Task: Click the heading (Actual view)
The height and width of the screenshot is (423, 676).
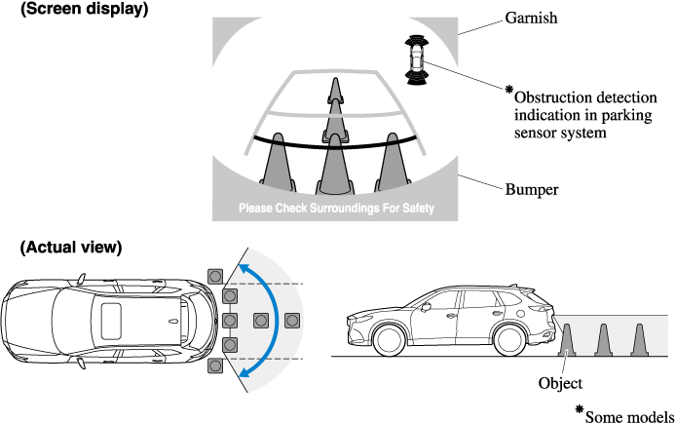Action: click(x=71, y=247)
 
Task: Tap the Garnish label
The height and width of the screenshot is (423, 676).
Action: click(x=532, y=18)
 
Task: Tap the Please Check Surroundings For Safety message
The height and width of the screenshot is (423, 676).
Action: click(x=337, y=209)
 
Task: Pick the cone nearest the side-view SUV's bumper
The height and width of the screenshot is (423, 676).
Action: click(x=568, y=339)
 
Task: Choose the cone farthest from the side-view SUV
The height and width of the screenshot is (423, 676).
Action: click(x=640, y=339)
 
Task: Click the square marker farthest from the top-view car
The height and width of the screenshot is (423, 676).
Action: click(x=291, y=320)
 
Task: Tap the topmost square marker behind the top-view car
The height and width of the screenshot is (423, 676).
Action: click(x=214, y=274)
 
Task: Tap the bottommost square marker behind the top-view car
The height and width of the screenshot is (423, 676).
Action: click(x=214, y=365)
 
